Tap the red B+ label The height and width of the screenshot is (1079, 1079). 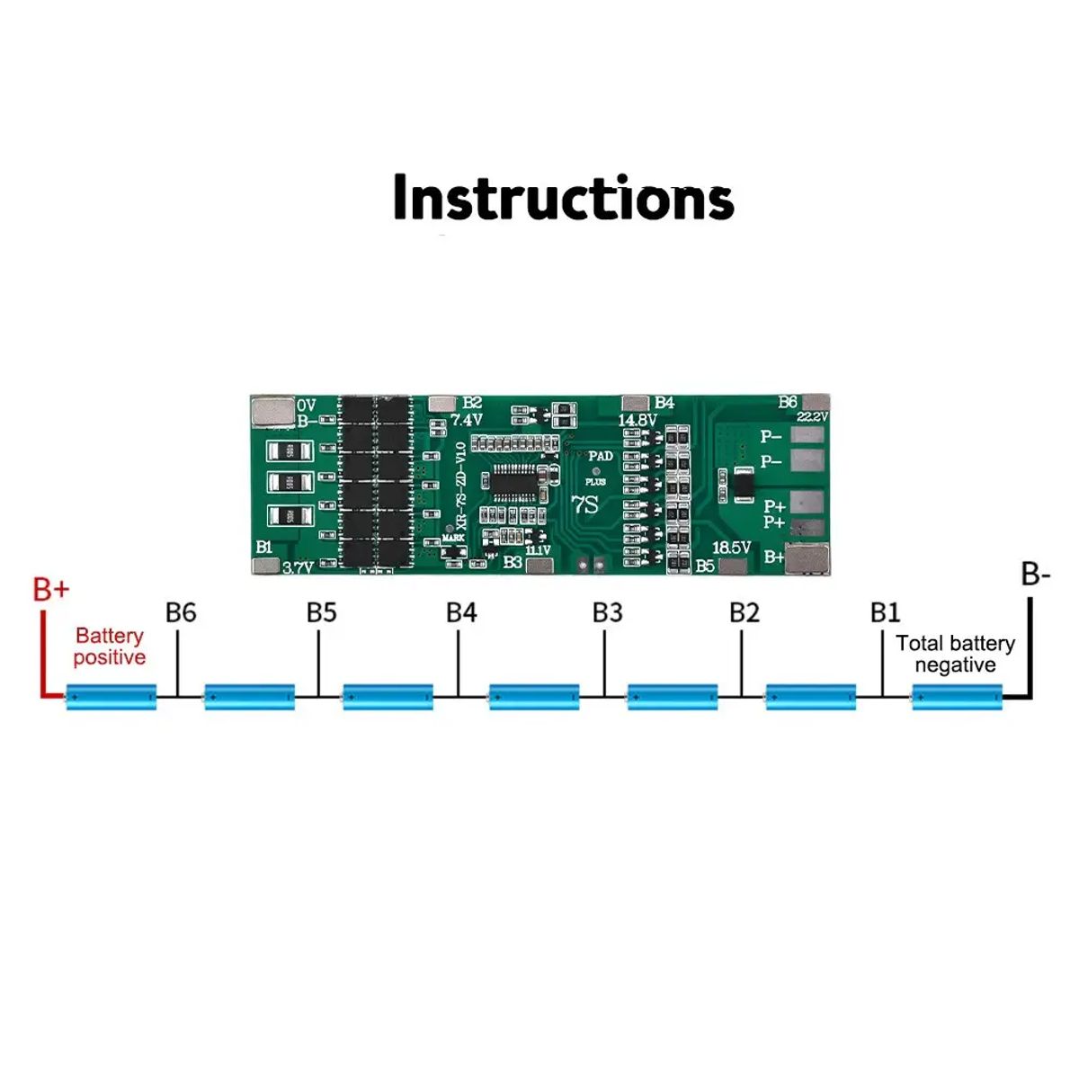pyautogui.click(x=50, y=590)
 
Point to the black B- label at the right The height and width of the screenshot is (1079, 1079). pyautogui.click(x=1035, y=574)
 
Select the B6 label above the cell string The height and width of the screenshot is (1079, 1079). pyautogui.click(x=181, y=612)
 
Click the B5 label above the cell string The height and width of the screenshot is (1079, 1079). pyautogui.click(x=321, y=612)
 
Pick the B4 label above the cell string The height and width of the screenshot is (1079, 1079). pyautogui.click(x=461, y=612)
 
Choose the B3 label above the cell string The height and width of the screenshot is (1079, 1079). pyautogui.click(x=607, y=612)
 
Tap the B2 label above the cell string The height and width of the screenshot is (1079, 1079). pyautogui.click(x=745, y=612)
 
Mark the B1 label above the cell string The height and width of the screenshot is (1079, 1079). pyautogui.click(x=885, y=612)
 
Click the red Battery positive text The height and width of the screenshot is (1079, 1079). pyautogui.click(x=109, y=647)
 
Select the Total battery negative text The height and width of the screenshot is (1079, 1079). pyautogui.click(x=955, y=654)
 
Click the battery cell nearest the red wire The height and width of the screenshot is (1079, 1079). pyautogui.click(x=111, y=696)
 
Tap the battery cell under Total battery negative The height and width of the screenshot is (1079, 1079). pyautogui.click(x=957, y=696)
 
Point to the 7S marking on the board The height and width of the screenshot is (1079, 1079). pyautogui.click(x=584, y=504)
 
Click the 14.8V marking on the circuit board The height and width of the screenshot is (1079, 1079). pyautogui.click(x=637, y=420)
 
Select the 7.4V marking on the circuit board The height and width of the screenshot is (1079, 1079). pyautogui.click(x=467, y=420)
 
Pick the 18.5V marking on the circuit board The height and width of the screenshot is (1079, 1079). pyautogui.click(x=731, y=548)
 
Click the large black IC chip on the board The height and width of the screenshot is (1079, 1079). pyautogui.click(x=520, y=483)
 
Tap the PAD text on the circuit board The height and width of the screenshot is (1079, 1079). pyautogui.click(x=601, y=456)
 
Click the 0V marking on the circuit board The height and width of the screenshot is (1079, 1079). pyautogui.click(x=307, y=406)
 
